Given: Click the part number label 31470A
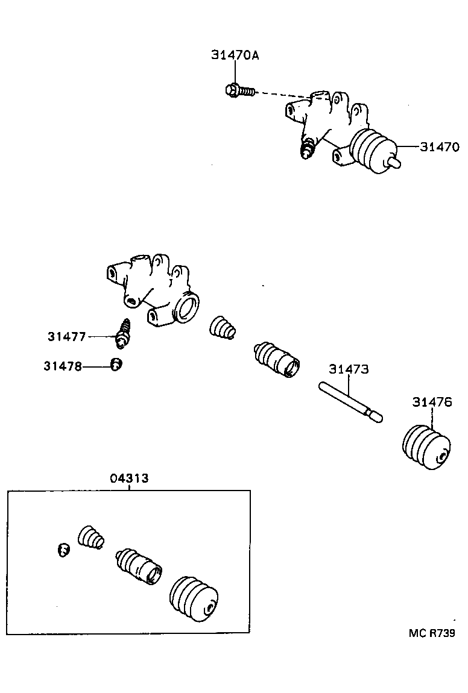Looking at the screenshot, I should tap(235, 55).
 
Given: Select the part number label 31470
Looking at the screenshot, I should tap(440, 146).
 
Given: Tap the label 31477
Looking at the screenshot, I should tap(67, 336).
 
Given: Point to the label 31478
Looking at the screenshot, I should tap(63, 366).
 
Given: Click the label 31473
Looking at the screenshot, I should tap(348, 369).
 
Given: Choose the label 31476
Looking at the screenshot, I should tap(432, 402).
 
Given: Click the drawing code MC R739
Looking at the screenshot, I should tap(431, 633).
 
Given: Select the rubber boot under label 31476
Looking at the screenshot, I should tap(426, 447).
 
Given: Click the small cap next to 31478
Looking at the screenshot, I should tap(116, 365).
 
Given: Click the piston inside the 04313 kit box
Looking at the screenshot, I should tap(139, 566).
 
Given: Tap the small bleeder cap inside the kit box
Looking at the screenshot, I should tap(63, 549).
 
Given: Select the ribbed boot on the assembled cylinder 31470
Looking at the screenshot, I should tap(370, 151).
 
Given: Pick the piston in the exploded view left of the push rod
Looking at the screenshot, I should tap(276, 360).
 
